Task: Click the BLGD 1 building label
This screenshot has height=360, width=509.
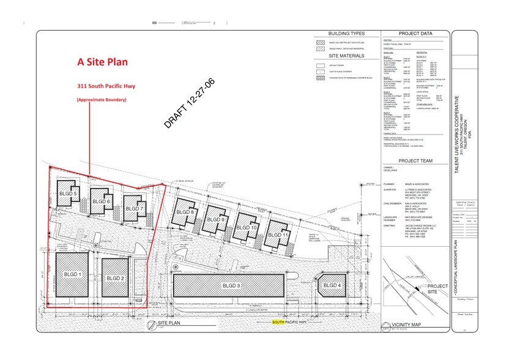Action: [72, 274]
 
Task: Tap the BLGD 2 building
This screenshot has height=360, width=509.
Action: [116, 279]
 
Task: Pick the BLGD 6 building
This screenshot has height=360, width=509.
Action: [101, 201]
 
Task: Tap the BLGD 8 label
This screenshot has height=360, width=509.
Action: [187, 212]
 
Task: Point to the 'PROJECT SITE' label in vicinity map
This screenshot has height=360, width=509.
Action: [437, 290]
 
